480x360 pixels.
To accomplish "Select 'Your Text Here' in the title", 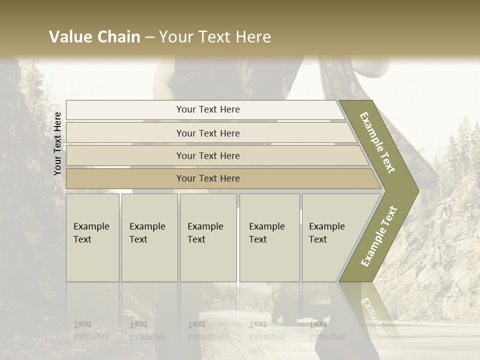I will click(x=215, y=37).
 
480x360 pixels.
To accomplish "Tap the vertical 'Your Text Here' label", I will click(x=57, y=144).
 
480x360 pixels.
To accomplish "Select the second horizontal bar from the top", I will click(x=208, y=133).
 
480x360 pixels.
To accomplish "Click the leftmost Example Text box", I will click(x=92, y=237).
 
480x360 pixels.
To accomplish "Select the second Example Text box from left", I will click(x=149, y=237).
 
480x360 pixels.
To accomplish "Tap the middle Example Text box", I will click(x=208, y=237).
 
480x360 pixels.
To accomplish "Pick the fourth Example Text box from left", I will click(x=269, y=237).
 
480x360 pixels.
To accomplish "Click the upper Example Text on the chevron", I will click(x=377, y=142).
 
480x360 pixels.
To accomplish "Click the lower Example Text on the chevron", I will click(x=379, y=236).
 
